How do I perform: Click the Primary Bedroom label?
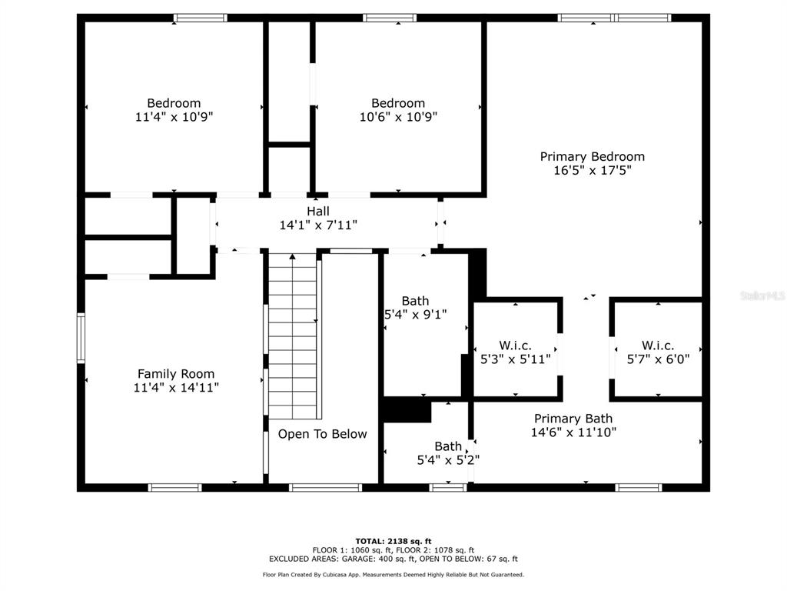(x=593, y=157)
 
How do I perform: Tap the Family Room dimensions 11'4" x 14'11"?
(x=176, y=388)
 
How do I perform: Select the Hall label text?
(x=318, y=211)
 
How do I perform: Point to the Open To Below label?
(x=322, y=434)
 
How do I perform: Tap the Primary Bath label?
(x=573, y=419)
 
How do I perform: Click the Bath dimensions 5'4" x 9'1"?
(x=416, y=315)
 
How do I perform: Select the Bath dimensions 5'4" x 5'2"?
(x=448, y=460)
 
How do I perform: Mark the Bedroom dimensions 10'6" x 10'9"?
(x=399, y=117)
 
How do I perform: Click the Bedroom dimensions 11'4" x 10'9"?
(x=174, y=117)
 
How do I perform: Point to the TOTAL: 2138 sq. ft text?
(x=393, y=541)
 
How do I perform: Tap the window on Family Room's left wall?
(x=81, y=337)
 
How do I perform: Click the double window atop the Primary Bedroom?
(x=614, y=18)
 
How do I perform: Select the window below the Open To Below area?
(x=325, y=487)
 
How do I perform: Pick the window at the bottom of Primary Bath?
(x=639, y=487)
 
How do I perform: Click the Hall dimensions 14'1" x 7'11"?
(x=318, y=225)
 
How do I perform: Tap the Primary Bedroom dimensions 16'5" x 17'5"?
(x=593, y=170)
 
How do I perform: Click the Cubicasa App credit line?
(x=393, y=574)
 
